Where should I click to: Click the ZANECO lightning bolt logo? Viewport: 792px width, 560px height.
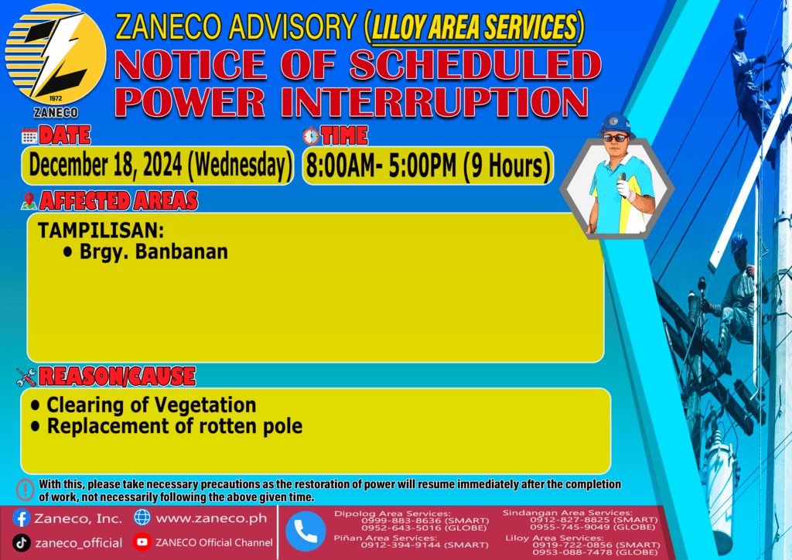[56, 55]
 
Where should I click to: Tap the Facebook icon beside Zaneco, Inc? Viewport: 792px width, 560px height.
[21, 518]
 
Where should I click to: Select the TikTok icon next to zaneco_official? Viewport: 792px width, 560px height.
[21, 543]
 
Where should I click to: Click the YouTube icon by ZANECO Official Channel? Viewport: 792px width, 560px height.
[142, 541]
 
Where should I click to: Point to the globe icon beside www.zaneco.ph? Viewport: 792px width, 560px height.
[142, 517]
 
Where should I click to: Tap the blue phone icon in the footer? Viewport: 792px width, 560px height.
[306, 531]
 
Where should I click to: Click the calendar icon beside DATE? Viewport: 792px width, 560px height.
[29, 136]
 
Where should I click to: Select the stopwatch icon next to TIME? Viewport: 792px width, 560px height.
[311, 136]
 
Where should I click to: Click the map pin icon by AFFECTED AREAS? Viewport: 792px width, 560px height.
[29, 201]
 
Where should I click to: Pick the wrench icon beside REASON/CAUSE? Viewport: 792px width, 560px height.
[26, 377]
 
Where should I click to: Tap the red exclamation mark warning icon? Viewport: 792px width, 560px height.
[25, 490]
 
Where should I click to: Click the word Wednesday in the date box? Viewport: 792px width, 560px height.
[240, 166]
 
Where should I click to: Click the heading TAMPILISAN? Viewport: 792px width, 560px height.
[101, 230]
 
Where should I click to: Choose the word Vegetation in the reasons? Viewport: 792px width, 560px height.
[204, 405]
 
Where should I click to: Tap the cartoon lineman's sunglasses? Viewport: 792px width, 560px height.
[616, 138]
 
